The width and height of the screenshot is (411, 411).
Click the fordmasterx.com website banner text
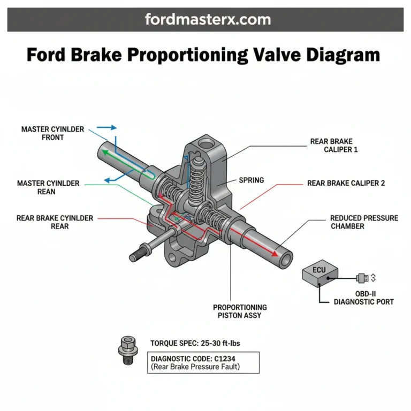click(208, 20)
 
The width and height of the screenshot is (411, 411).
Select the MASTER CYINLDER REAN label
click(48, 187)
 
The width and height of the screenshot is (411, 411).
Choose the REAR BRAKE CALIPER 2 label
click(346, 183)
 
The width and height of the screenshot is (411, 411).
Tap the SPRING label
click(251, 180)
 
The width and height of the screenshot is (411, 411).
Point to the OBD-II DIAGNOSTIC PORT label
click(363, 298)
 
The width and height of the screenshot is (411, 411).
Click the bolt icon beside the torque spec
click(126, 349)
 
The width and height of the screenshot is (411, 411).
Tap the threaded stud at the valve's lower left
click(138, 252)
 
